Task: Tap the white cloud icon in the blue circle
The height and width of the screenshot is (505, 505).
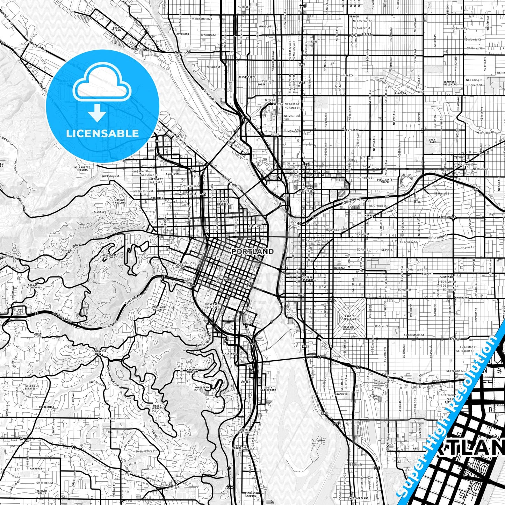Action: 102,84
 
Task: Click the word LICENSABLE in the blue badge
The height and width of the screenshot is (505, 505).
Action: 102,133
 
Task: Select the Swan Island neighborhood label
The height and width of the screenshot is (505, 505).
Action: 116,29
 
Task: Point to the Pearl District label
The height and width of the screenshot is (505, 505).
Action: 222,202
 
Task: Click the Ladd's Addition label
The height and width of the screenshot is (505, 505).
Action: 349,317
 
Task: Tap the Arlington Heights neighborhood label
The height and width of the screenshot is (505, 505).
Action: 109,256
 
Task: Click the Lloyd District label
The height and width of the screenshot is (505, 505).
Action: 308,189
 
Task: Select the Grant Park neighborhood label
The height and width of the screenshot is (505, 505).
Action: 433,141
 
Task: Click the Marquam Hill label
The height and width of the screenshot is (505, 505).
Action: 192,370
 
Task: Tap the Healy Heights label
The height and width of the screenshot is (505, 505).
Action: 157,407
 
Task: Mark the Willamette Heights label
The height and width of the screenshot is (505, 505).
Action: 82,169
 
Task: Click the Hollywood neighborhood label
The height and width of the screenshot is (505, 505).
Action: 465,164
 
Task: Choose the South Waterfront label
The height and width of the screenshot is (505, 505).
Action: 268,389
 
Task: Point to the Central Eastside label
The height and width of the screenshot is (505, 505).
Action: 307,279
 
